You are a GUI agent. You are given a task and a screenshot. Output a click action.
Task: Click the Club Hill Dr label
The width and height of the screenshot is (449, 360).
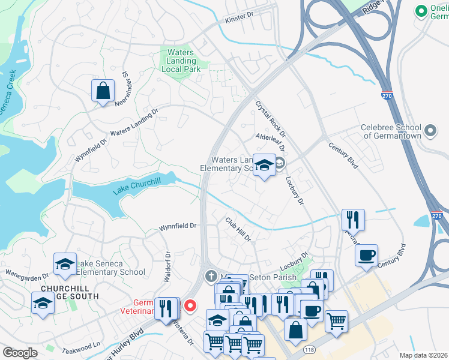click(238, 229)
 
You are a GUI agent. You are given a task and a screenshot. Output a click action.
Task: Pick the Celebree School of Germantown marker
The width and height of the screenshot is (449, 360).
click(430, 130)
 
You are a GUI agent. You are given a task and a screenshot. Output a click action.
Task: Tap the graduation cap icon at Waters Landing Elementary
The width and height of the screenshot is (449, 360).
click(264, 164)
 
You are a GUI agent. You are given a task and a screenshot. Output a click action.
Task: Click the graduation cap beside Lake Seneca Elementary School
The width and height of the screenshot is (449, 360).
click(65, 265)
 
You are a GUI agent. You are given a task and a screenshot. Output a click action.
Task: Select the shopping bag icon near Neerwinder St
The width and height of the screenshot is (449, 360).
click(103, 91)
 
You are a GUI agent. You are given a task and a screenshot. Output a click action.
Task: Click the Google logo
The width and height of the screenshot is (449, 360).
click(20, 353)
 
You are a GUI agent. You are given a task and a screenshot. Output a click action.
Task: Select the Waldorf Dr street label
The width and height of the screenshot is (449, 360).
click(168, 267)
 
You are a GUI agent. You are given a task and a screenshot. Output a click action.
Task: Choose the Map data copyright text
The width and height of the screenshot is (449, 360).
click(423, 355)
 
